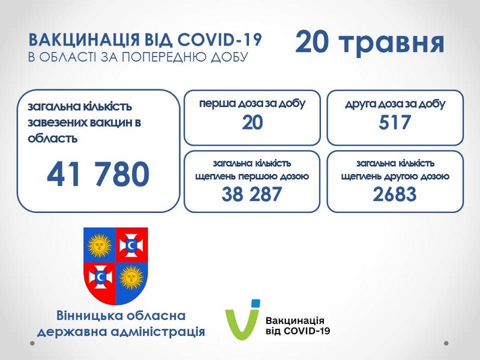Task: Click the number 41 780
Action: click(x=98, y=174)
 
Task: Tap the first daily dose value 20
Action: click(x=252, y=122)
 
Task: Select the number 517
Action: click(x=394, y=122)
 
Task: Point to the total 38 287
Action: click(x=251, y=194)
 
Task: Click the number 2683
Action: click(x=395, y=194)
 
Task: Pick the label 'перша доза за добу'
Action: click(x=252, y=104)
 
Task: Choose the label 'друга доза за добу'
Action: click(x=395, y=104)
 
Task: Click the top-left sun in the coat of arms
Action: click(x=99, y=245)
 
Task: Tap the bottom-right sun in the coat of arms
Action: click(x=131, y=278)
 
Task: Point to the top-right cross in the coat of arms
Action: click(x=131, y=245)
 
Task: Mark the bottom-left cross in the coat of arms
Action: click(x=100, y=277)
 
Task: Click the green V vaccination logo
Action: click(x=241, y=322)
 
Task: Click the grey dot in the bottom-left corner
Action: click(x=32, y=343)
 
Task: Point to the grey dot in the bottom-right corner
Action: click(x=446, y=343)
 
